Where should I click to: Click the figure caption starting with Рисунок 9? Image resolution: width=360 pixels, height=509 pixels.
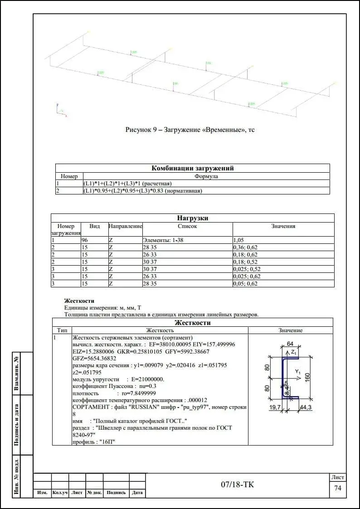pyautogui.click(x=190, y=130)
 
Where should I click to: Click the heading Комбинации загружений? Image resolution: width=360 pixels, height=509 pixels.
pyautogui.click(x=192, y=168)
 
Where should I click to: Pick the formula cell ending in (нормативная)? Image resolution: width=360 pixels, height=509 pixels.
pyautogui.click(x=142, y=191)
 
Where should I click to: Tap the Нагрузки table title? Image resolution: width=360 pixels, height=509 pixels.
pyautogui.click(x=192, y=218)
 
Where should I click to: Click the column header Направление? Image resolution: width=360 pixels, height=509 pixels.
pyautogui.click(x=125, y=226)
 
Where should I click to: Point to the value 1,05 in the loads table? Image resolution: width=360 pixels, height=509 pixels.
pyautogui.click(x=238, y=240)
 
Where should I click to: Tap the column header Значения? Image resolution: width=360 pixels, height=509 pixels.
pyautogui.click(x=283, y=226)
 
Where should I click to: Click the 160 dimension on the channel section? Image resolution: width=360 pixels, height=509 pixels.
pyautogui.click(x=307, y=377)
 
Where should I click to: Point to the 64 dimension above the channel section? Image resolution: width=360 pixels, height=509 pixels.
pyautogui.click(x=290, y=343)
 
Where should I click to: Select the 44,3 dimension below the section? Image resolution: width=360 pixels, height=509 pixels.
pyautogui.click(x=306, y=408)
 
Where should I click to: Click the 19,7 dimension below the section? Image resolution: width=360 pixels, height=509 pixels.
pyautogui.click(x=275, y=408)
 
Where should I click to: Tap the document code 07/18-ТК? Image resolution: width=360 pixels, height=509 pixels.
pyautogui.click(x=238, y=485)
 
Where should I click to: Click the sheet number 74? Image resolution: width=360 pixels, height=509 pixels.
pyautogui.click(x=337, y=488)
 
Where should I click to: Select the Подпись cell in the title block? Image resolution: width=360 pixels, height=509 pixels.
pyautogui.click(x=116, y=493)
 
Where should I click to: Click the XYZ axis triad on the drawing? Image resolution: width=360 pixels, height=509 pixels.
pyautogui.click(x=60, y=111)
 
